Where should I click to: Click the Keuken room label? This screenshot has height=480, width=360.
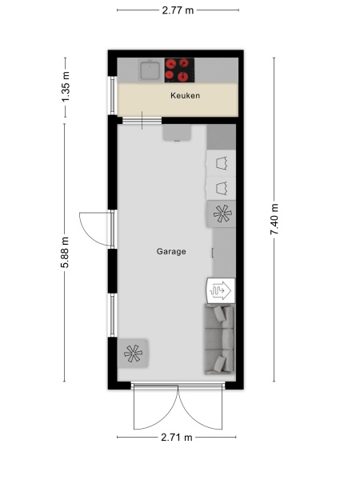(185, 96)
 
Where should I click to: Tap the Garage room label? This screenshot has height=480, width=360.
(171, 251)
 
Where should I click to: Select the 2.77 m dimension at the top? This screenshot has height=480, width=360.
(178, 10)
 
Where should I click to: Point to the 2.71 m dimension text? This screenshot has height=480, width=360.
(178, 438)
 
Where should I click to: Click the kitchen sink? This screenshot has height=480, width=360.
(148, 70)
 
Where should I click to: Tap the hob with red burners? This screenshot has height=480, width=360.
(179, 70)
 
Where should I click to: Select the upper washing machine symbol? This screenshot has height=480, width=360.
(222, 162)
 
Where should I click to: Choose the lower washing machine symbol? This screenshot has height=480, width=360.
(222, 189)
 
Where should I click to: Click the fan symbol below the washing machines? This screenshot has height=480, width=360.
(222, 214)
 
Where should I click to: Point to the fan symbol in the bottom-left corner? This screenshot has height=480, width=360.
(133, 352)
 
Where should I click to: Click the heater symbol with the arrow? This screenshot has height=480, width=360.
(221, 290)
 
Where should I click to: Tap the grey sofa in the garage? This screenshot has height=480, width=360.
(218, 340)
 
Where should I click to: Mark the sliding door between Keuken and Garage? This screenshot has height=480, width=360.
(141, 121)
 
